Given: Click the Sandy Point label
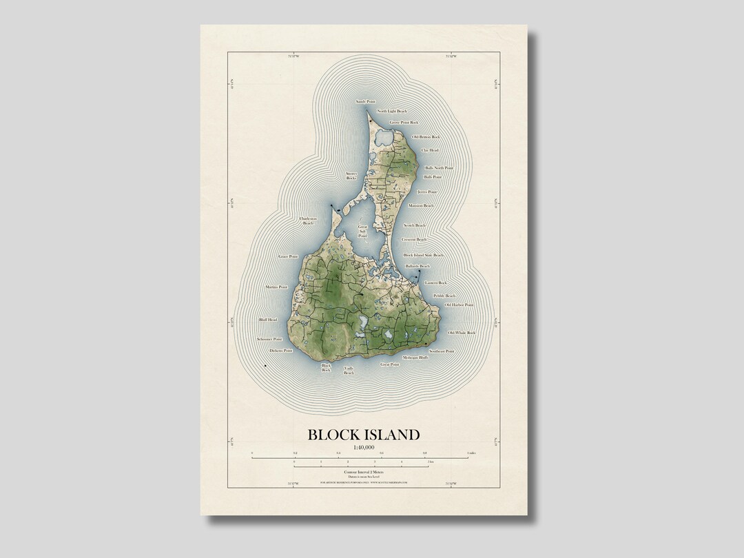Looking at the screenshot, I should (366, 102).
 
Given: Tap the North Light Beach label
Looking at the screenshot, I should (391, 111).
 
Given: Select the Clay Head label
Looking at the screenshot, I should (429, 149).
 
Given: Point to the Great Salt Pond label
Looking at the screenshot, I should (362, 231).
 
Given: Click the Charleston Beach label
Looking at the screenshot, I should (308, 221).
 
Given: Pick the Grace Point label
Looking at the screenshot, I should (288, 256).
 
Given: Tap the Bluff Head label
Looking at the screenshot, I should (267, 320).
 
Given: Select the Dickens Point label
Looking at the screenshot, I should (281, 351).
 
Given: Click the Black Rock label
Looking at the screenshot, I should (327, 367).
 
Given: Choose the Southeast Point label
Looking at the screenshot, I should (442, 351).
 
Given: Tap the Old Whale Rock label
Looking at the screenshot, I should (462, 333).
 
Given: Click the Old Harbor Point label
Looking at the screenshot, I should (459, 304).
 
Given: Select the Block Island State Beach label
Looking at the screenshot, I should (424, 255).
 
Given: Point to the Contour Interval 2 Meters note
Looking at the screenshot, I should (363, 471).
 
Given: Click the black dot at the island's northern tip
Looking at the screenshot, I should (370, 121).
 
